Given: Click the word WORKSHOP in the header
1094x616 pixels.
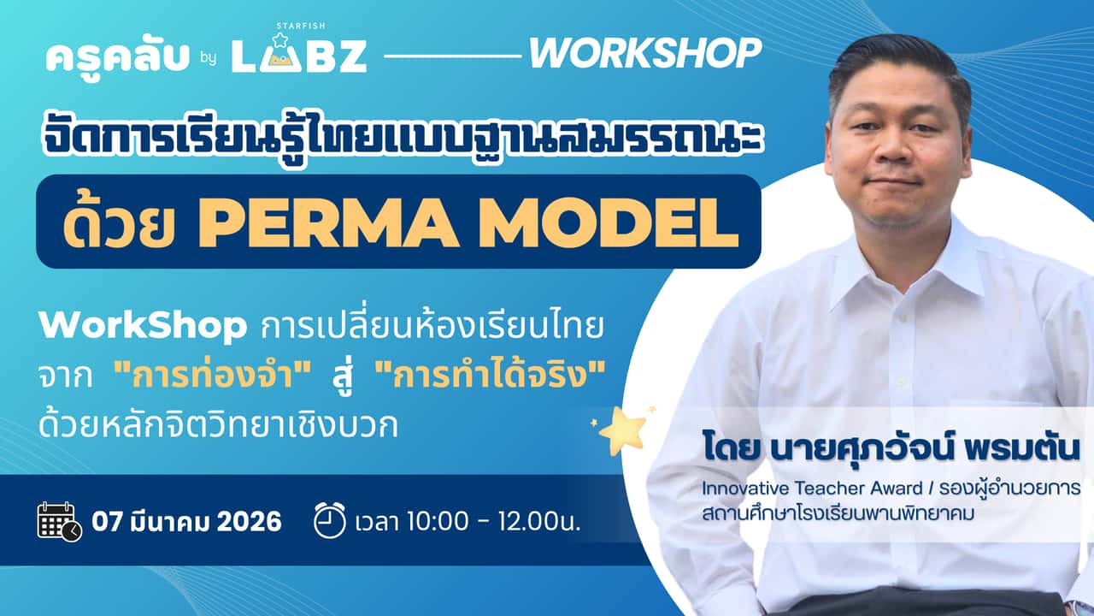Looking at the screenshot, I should tap(644, 54).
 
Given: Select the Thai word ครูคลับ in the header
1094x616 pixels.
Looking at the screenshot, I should tap(118, 56).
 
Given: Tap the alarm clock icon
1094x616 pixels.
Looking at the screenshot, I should tap(330, 520).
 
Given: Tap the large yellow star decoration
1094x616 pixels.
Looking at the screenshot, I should tap(621, 429).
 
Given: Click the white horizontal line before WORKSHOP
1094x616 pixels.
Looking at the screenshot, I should tap(452, 56).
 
